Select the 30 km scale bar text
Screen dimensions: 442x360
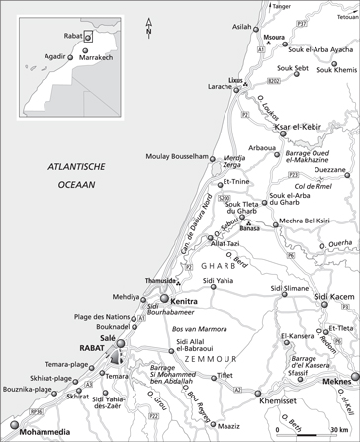338,432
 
